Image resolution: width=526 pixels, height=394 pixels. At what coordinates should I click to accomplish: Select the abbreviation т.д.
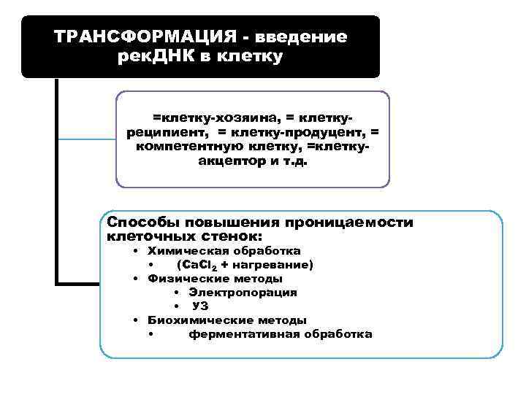coord(295,161)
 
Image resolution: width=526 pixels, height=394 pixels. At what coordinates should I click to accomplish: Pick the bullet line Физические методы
coord(215,278)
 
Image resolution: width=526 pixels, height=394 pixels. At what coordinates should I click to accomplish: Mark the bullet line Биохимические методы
coord(226,320)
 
